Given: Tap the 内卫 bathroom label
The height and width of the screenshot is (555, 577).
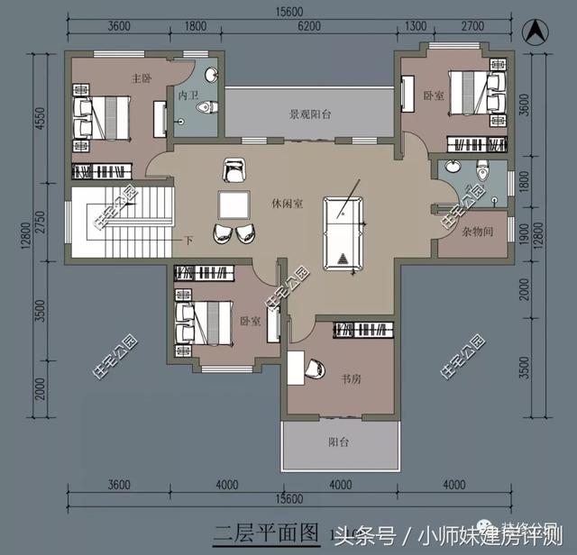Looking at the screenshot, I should [x=188, y=94].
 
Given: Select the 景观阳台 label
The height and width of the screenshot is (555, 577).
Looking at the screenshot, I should [x=311, y=114].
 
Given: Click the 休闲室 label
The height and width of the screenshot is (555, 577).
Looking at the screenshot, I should [x=287, y=204].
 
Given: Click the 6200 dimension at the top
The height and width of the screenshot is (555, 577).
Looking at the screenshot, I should [x=308, y=27].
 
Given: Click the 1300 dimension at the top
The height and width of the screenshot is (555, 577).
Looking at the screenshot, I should [x=417, y=27].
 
